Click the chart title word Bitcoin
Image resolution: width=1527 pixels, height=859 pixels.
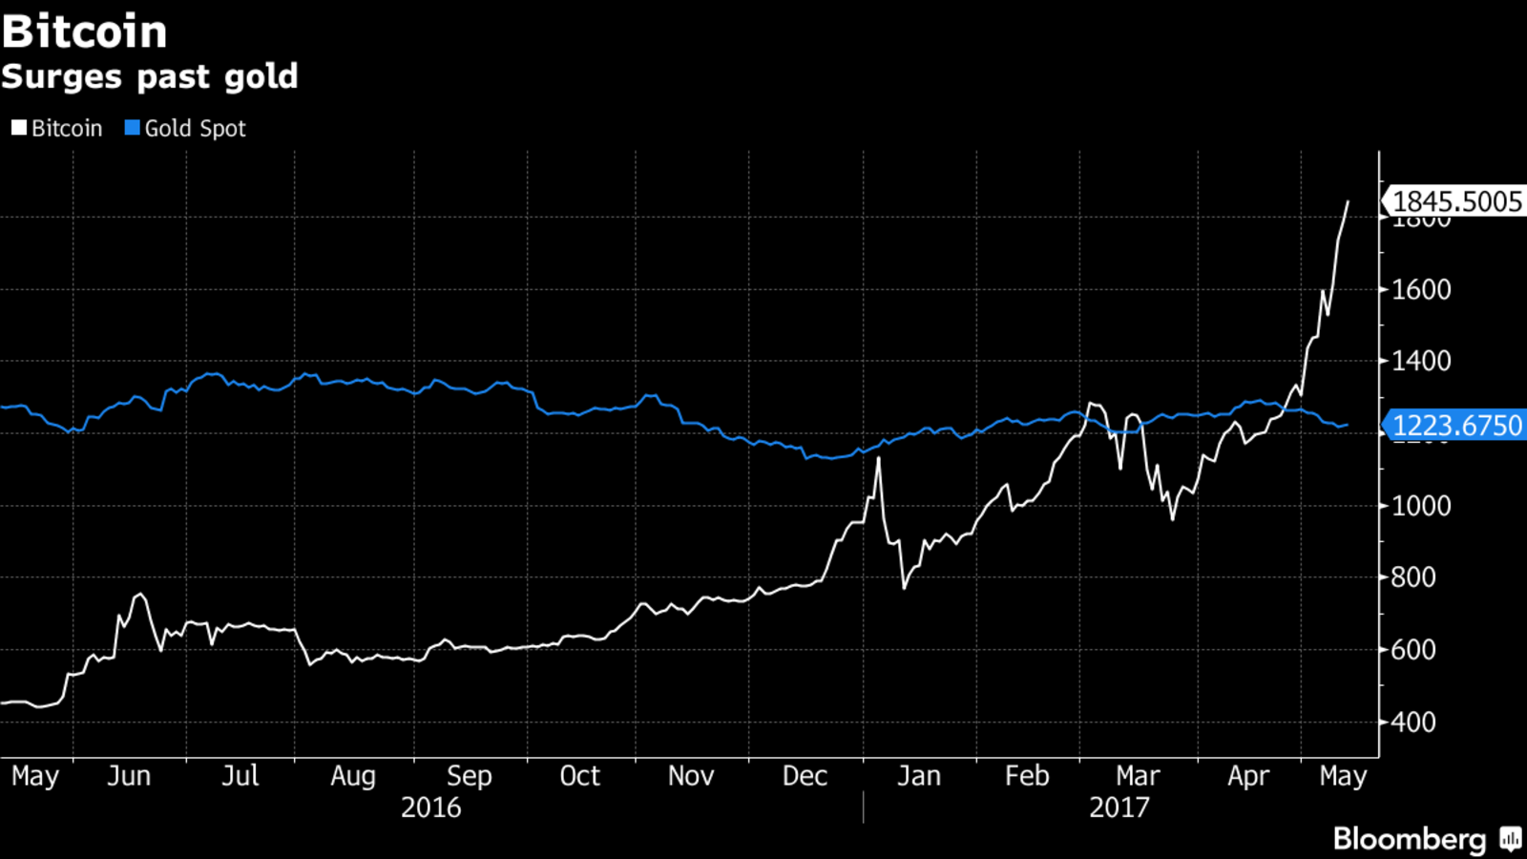click(x=85, y=31)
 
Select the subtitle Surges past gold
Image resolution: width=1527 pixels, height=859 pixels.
click(x=150, y=76)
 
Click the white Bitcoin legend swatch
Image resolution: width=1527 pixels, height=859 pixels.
click(x=19, y=128)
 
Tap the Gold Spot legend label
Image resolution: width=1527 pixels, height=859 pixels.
click(x=195, y=128)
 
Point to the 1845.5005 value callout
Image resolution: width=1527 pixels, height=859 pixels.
click(x=1456, y=201)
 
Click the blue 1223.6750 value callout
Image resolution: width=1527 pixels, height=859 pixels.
click(x=1456, y=425)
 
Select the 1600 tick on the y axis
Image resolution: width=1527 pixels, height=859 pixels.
click(x=1421, y=289)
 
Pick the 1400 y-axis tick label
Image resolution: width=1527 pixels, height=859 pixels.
click(x=1421, y=361)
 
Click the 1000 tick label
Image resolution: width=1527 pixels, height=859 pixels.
click(x=1421, y=506)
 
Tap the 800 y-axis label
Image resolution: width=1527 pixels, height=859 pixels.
click(x=1413, y=576)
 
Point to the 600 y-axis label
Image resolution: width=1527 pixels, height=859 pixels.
click(x=1413, y=649)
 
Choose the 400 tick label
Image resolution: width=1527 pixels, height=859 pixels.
click(x=1413, y=722)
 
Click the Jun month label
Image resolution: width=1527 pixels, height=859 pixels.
click(x=129, y=775)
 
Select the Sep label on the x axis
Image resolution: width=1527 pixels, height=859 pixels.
click(x=469, y=775)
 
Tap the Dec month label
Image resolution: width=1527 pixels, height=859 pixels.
click(x=805, y=775)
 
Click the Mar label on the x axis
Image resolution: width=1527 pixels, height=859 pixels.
click(x=1138, y=775)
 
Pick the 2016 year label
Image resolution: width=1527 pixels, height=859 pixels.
click(x=430, y=807)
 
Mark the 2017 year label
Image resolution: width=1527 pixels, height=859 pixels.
click(x=1119, y=807)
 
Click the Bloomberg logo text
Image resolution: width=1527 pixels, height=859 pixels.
click(x=1410, y=839)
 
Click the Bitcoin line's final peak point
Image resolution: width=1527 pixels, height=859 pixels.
click(x=1348, y=201)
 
